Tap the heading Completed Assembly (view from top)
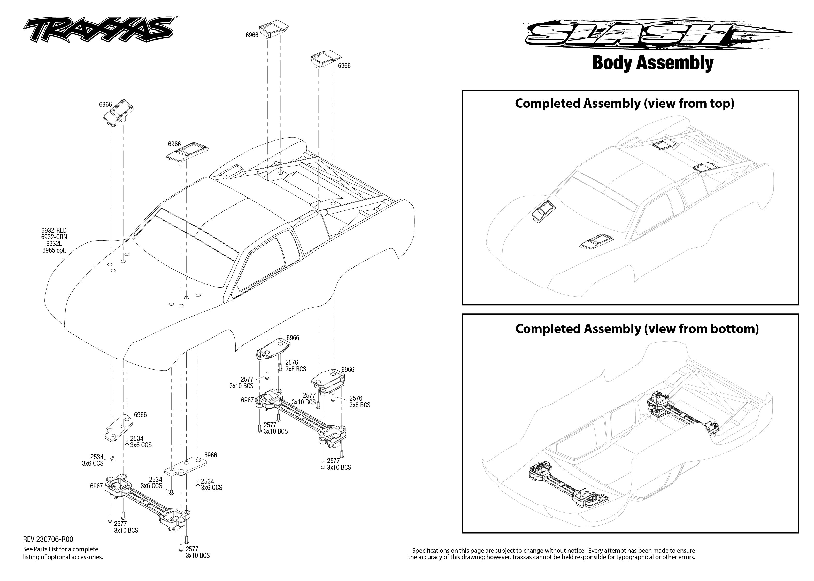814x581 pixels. pyautogui.click(x=624, y=103)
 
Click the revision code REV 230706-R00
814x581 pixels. pyautogui.click(x=48, y=539)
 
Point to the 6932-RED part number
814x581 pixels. pyautogui.click(x=54, y=230)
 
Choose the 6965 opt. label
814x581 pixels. pyautogui.click(x=54, y=250)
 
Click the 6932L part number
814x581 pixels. pyautogui.click(x=54, y=244)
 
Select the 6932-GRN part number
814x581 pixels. pyautogui.click(x=54, y=237)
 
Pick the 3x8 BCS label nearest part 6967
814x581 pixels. pyautogui.click(x=295, y=369)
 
